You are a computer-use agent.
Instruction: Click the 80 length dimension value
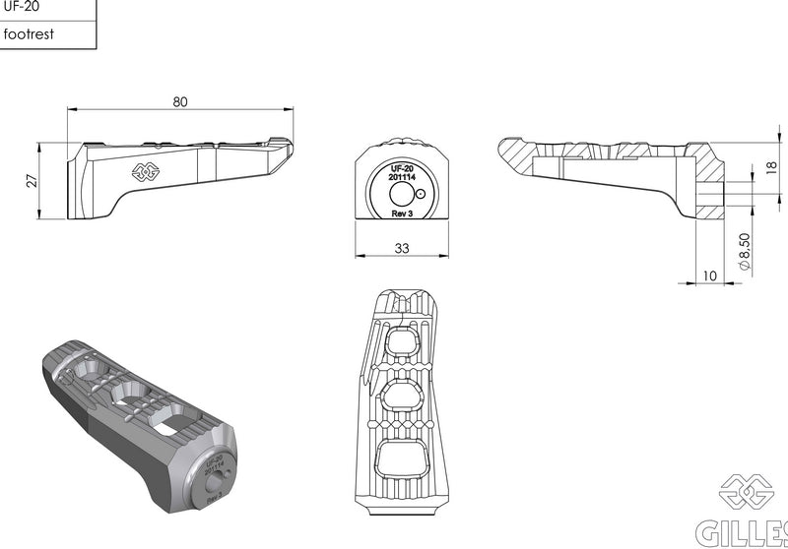[180, 102]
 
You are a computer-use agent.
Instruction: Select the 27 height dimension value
[32, 181]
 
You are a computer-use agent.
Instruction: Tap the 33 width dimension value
[402, 248]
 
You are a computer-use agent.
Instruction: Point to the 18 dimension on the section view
[772, 167]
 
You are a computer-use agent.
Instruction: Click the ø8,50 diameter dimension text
[745, 251]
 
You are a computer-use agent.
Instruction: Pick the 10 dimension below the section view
[709, 276]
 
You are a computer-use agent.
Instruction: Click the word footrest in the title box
[29, 34]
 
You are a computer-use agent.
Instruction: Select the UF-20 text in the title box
[21, 7]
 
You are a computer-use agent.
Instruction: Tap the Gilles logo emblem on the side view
[146, 172]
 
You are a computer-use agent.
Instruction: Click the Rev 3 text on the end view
[402, 213]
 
